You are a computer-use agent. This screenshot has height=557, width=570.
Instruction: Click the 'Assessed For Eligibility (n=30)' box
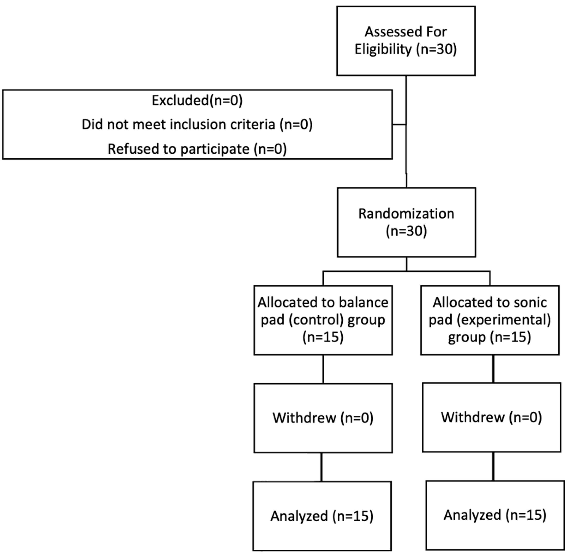pos(406,41)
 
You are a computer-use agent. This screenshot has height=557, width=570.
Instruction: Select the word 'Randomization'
pos(406,214)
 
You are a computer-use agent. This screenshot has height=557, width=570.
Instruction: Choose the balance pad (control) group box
pos(323,320)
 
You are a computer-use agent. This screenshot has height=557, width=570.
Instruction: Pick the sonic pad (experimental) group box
pos(490,320)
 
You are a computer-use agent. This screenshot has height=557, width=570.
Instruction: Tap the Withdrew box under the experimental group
pos(491,417)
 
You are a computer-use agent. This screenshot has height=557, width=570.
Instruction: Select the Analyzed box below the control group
pos(322,516)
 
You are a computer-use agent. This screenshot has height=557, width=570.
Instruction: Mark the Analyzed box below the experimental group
pos(495,515)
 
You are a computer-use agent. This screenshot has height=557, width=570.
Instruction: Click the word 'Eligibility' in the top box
pos(383,49)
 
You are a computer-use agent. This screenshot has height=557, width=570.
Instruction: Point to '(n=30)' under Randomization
pos(406,231)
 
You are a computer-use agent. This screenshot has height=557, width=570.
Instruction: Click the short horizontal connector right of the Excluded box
pos(399,125)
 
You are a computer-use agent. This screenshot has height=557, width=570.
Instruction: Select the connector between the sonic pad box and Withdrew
pos(493,369)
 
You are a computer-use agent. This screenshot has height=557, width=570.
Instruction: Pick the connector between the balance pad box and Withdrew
pos(323,369)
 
